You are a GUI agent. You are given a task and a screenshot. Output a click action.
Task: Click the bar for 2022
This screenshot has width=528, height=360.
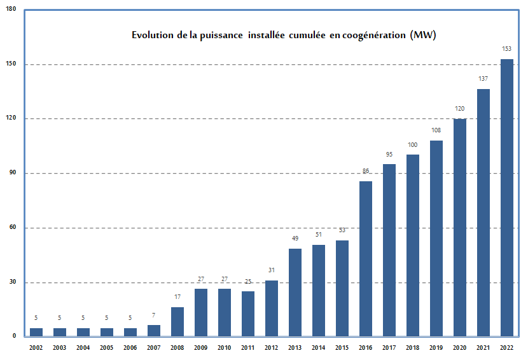[507, 197]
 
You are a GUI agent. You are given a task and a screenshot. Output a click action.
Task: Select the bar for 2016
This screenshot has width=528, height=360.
[366, 258]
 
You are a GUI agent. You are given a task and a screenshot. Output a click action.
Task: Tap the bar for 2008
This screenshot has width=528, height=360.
[177, 321]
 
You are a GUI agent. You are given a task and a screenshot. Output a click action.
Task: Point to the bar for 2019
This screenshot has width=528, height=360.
[436, 238]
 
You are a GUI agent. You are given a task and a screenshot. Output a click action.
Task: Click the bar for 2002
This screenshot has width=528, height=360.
[36, 331]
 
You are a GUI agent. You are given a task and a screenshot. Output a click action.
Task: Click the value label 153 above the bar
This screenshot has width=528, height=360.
[507, 49]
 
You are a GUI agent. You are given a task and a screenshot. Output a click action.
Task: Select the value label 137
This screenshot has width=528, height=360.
[483, 78]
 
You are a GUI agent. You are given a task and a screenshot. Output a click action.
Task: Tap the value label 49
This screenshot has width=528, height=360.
[295, 239]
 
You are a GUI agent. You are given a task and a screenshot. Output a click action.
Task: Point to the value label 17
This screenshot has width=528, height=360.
[177, 297]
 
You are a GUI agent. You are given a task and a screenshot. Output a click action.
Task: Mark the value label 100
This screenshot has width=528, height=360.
[413, 145]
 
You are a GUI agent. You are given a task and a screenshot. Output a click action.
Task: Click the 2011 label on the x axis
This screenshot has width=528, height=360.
[248, 347]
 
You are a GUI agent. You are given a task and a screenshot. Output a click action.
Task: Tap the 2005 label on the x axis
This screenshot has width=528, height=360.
[107, 347]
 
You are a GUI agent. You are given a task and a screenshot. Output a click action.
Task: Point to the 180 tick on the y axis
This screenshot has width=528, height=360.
[11, 9]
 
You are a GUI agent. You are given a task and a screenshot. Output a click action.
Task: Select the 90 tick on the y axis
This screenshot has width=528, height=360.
[12, 173]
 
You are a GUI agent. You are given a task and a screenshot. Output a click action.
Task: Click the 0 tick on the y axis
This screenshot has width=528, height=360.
[14, 336]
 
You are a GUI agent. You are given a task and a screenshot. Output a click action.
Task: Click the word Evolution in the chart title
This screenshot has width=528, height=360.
[152, 35]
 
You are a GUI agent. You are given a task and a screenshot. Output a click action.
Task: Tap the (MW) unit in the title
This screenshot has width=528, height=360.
[423, 35]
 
